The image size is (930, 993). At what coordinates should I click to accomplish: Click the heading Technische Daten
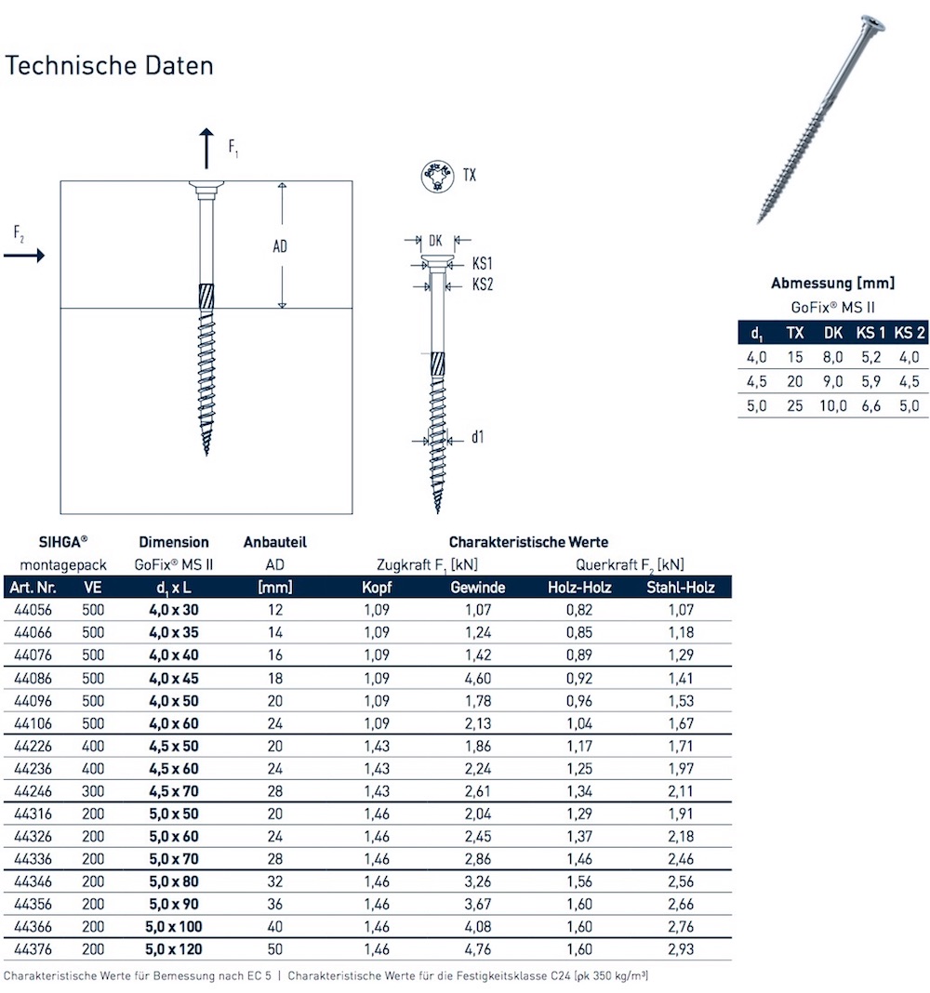pos(110,66)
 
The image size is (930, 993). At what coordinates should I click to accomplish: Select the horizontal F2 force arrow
pos(26,255)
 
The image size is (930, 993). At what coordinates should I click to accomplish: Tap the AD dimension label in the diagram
pos(280,246)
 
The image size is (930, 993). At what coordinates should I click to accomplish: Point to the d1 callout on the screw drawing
pos(476,436)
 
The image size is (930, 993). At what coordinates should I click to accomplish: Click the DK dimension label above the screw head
pos(434,240)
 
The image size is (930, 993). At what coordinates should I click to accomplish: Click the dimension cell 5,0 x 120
pos(174,949)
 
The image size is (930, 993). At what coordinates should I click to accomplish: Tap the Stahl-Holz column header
pos(680,587)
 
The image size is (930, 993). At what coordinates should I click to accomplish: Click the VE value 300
pos(93,791)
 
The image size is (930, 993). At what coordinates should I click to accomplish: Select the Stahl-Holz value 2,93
pos(680,949)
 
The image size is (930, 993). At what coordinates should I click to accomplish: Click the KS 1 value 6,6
pos(870,405)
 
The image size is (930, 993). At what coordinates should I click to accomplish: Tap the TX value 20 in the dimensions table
pos(794,380)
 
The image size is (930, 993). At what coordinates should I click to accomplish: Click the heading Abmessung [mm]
pos(832,283)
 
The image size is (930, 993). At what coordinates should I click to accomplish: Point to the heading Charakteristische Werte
pos(528,542)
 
